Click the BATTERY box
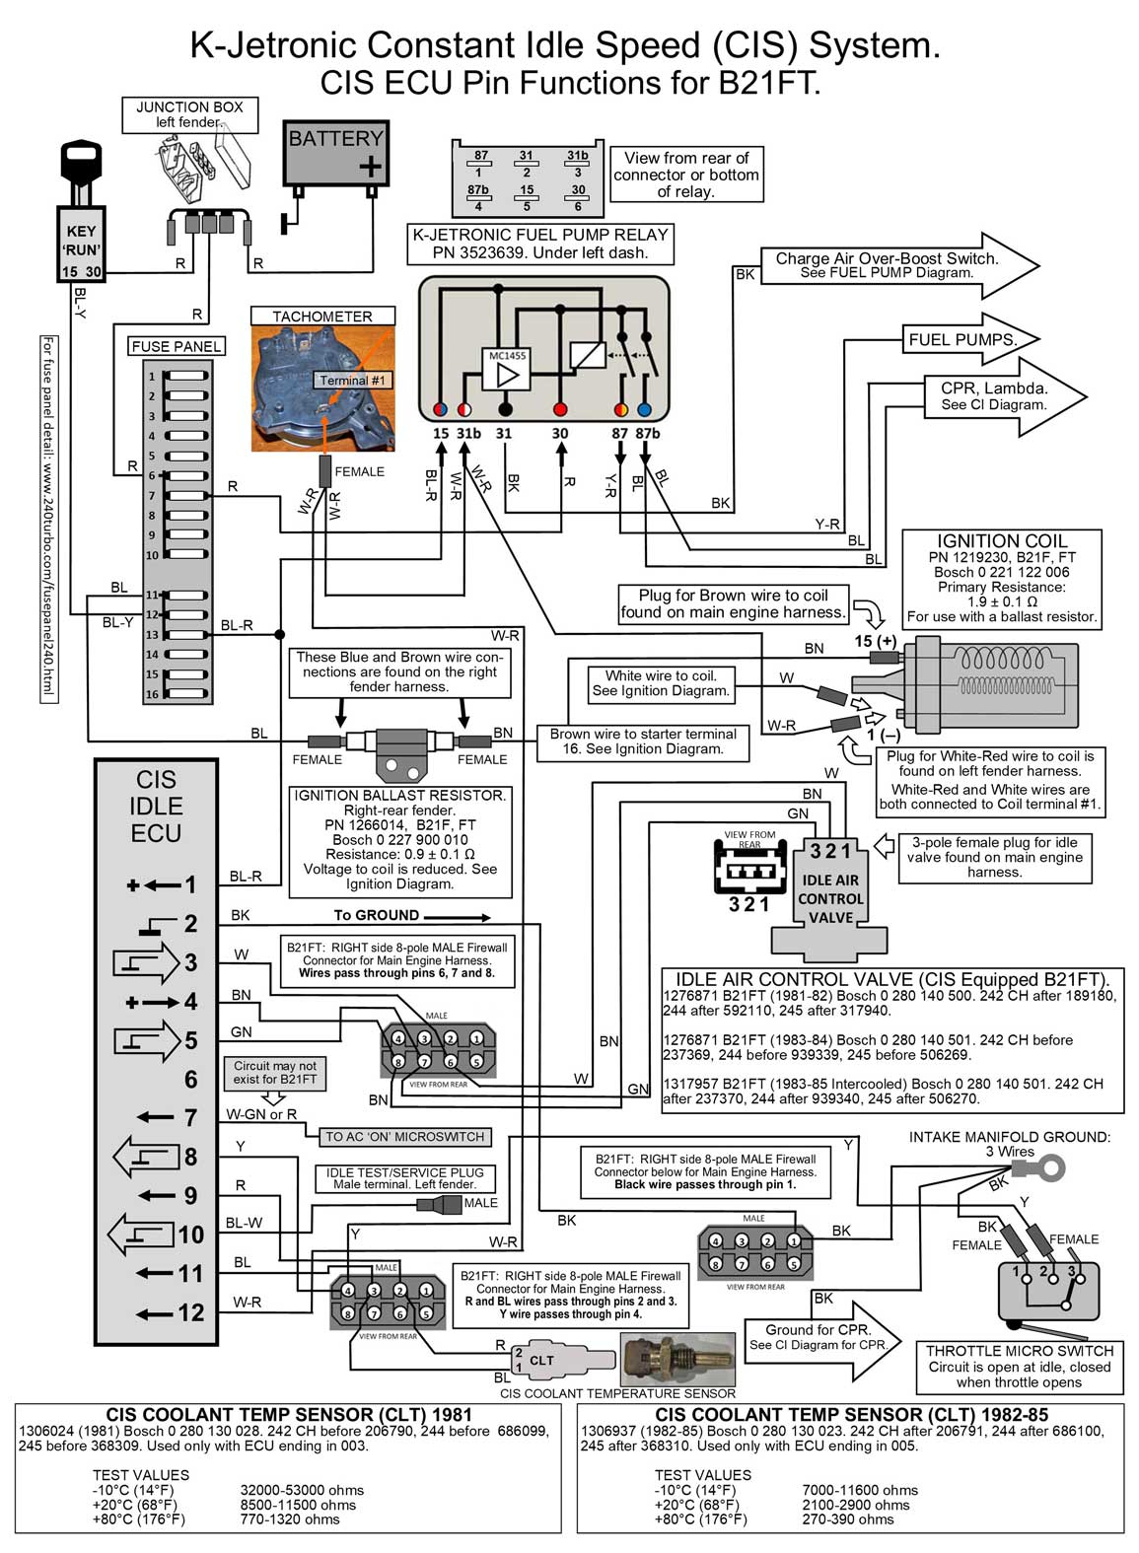click(335, 153)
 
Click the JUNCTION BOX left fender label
click(190, 114)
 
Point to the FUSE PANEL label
click(177, 346)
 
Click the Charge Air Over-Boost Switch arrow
click(897, 265)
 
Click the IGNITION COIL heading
click(1002, 540)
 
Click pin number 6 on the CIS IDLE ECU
click(190, 1079)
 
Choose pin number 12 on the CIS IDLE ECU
click(190, 1312)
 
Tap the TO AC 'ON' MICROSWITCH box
click(405, 1137)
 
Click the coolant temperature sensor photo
click(677, 1360)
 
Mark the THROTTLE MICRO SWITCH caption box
click(1019, 1366)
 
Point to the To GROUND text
click(376, 915)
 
